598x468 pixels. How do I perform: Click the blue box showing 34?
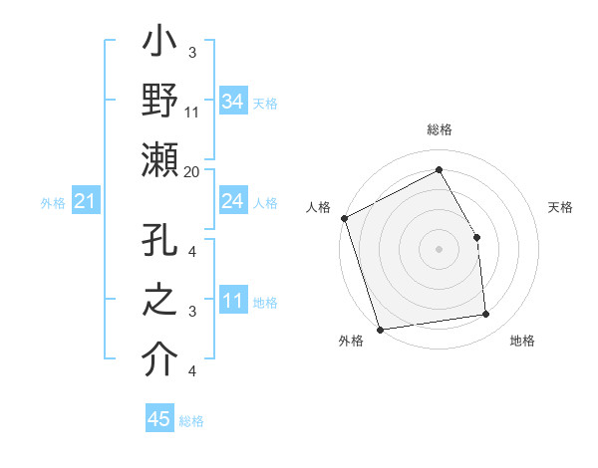click(x=232, y=101)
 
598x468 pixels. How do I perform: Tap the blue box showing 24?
click(x=232, y=201)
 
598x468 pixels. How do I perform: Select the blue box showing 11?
click(x=232, y=301)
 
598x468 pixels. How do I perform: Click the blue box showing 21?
click(x=85, y=202)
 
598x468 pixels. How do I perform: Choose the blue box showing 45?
click(x=159, y=419)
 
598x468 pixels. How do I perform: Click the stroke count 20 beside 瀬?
click(x=192, y=170)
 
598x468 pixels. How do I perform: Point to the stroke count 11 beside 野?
click(x=192, y=112)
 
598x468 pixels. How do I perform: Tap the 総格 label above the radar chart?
click(x=439, y=130)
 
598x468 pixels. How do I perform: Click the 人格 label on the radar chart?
click(x=318, y=207)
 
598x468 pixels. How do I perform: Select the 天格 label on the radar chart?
click(x=560, y=207)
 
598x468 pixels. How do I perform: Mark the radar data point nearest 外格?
click(x=380, y=329)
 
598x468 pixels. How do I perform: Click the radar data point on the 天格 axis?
click(x=476, y=237)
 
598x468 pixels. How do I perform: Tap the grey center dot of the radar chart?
click(x=439, y=249)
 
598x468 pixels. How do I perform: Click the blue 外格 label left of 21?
click(x=53, y=203)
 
